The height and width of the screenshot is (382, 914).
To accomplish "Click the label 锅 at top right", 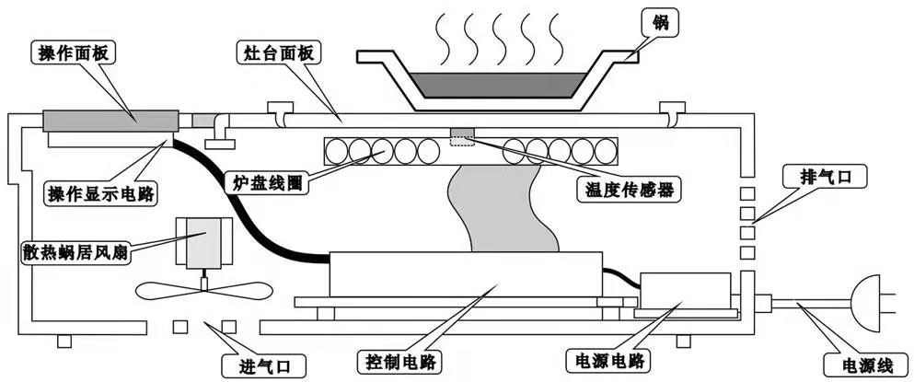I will click(x=656, y=21).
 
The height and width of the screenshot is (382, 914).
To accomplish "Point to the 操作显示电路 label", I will click(x=101, y=194).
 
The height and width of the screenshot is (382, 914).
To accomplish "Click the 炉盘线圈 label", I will click(x=265, y=181).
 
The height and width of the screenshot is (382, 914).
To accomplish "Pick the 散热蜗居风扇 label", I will click(x=76, y=250).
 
